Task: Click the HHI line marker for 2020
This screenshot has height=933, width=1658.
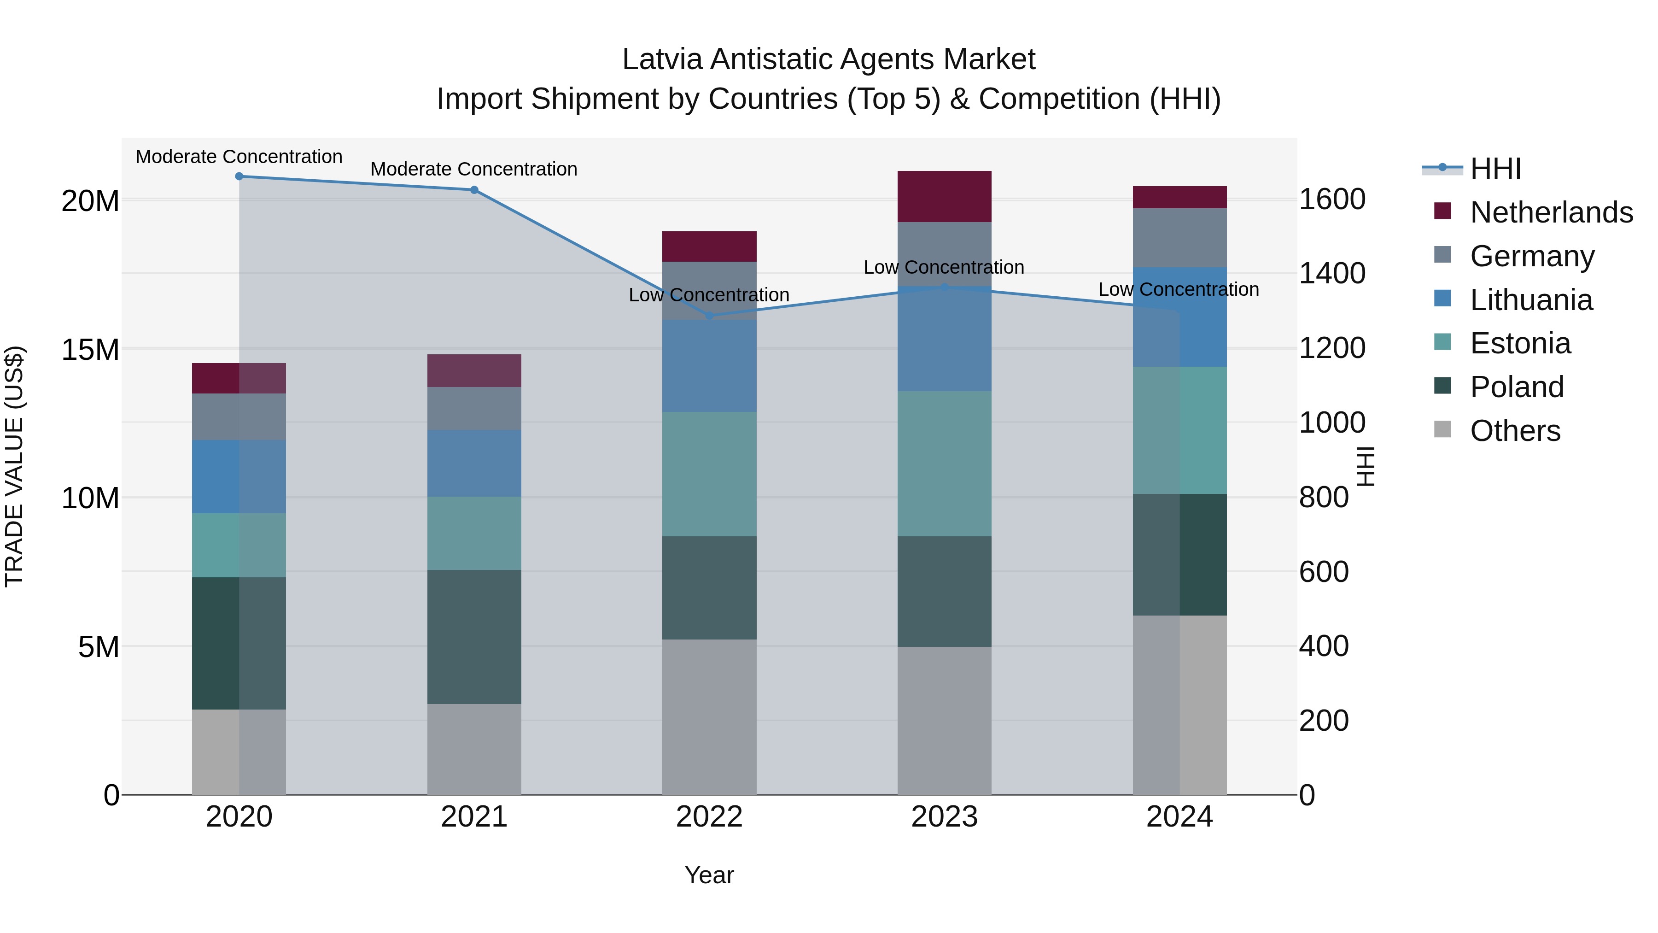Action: click(239, 176)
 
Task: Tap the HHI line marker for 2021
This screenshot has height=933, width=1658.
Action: click(474, 190)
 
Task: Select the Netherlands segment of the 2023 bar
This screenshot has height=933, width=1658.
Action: click(944, 196)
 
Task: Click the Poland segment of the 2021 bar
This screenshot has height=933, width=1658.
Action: click(474, 636)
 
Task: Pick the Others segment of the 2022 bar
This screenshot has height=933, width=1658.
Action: click(709, 716)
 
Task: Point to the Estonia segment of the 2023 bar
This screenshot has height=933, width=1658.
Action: click(944, 464)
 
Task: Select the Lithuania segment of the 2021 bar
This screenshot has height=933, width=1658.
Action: click(474, 463)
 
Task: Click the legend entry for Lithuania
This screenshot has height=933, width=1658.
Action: click(1530, 300)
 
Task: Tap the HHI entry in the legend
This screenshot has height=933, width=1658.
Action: click(1495, 169)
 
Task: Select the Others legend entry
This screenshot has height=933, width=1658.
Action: click(1514, 431)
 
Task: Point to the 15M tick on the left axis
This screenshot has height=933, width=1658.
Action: click(90, 350)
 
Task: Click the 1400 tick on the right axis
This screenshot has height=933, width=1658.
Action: click(1331, 274)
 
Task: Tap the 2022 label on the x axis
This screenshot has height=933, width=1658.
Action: click(709, 817)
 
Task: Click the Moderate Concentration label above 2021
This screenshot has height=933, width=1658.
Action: click(474, 170)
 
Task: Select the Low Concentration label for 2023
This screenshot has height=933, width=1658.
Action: click(944, 267)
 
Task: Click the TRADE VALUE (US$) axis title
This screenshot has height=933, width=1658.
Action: click(15, 466)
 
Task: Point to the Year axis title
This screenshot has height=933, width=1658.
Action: click(709, 875)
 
